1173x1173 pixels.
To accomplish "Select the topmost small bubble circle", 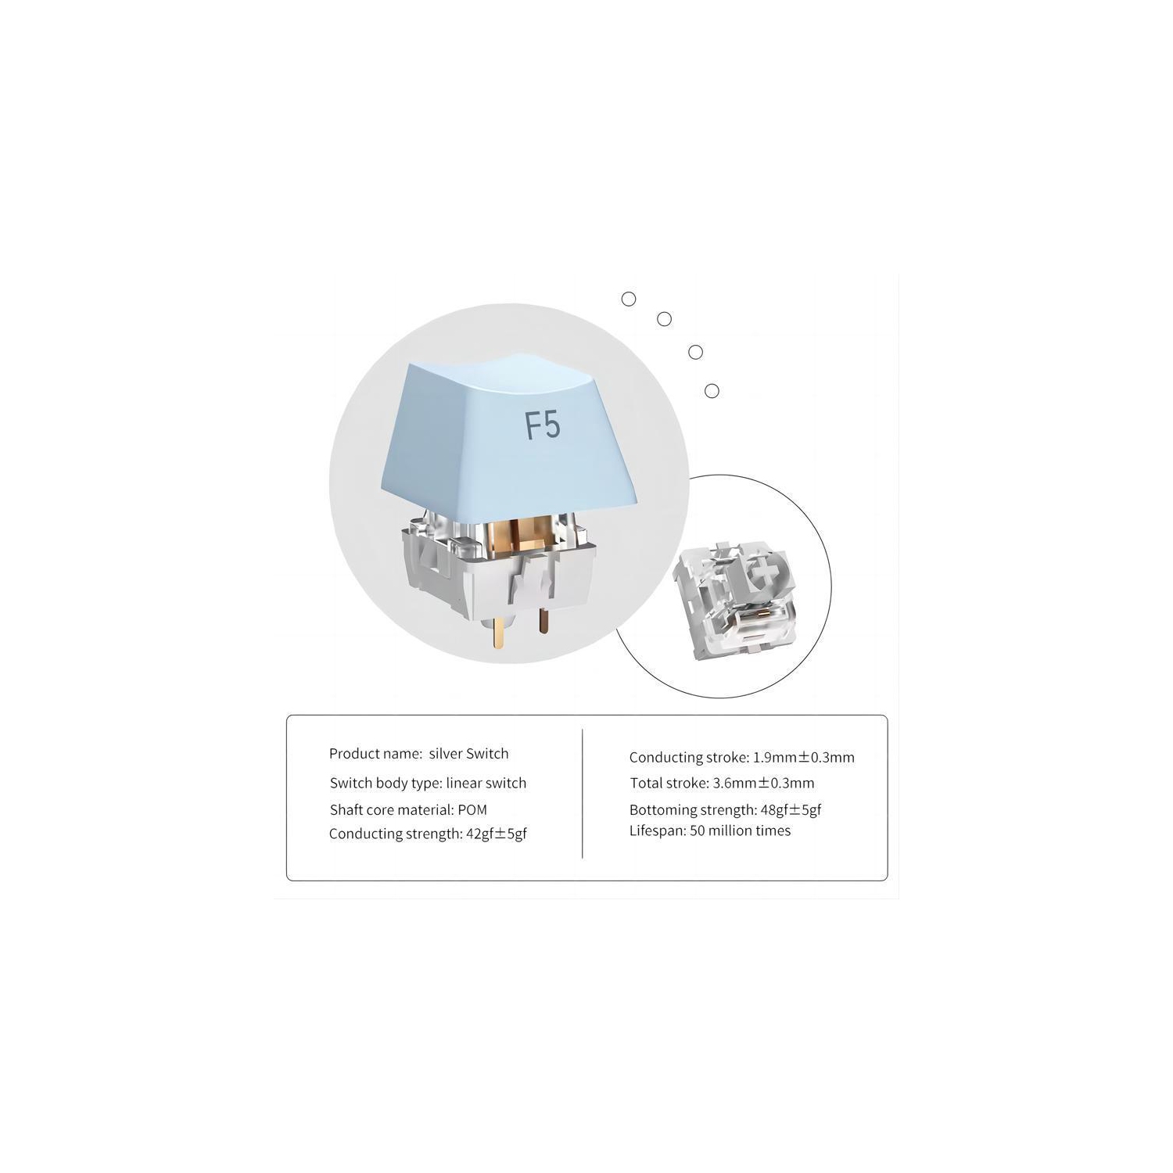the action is pos(629,299).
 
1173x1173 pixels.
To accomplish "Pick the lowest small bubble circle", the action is pos(712,391).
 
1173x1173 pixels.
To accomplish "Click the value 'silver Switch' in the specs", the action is pos(468,754).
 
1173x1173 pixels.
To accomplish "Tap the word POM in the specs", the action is pos(472,810).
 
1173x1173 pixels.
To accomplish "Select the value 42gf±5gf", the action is pos(497,834).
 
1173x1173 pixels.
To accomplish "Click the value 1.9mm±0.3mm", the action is pos(803,757).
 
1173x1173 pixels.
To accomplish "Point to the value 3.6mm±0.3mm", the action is pos(763,783).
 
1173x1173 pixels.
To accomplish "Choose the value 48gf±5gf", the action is pos(791,810).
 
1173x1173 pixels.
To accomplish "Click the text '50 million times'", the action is pos(740,830).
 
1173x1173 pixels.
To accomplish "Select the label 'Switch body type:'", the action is pos(386,784).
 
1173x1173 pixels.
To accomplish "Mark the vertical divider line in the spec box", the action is pos(583,794).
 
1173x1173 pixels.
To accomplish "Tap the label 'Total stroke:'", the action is pos(669,783).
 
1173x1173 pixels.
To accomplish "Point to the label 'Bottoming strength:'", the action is pos(693,810).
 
